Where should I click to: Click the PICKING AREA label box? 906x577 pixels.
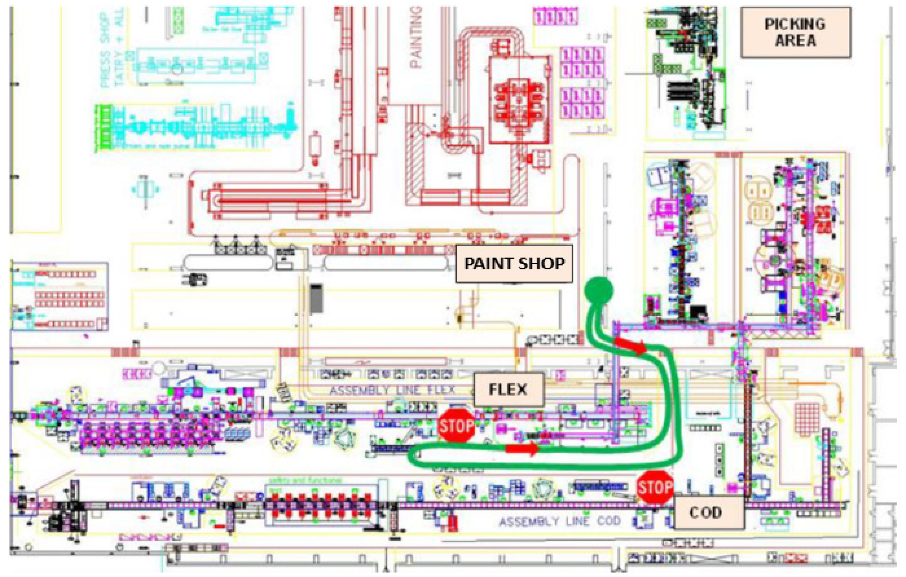[x=795, y=32]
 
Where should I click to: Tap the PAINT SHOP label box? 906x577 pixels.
[x=514, y=264]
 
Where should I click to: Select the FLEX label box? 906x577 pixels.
[x=508, y=390]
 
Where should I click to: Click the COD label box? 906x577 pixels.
[x=709, y=512]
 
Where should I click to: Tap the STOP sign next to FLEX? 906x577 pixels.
[x=456, y=426]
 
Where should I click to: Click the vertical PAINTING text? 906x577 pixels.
[x=416, y=38]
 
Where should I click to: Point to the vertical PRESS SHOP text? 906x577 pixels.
[x=106, y=51]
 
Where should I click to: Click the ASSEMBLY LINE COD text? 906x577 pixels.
[x=559, y=521]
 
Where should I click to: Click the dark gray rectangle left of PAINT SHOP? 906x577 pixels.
[x=316, y=299]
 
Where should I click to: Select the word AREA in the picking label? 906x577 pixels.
[x=795, y=41]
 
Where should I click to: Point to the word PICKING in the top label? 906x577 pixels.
[x=795, y=24]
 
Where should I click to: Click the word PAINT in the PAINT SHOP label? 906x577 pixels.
[x=488, y=264]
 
